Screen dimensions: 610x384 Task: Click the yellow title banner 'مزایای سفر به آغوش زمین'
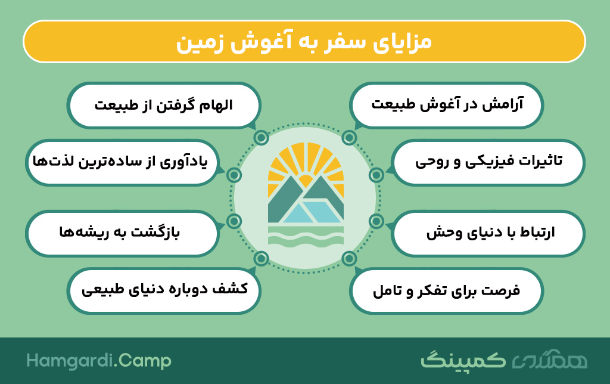click(304, 42)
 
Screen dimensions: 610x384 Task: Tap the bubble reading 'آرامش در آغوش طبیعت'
click(446, 105)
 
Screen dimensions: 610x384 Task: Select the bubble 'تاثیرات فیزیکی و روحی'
click(488, 162)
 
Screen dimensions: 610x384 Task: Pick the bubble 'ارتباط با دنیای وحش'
click(488, 234)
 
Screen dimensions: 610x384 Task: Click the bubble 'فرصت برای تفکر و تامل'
click(446, 291)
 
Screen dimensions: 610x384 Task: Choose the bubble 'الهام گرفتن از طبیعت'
click(164, 105)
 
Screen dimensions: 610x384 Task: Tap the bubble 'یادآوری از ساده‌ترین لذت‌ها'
click(122, 162)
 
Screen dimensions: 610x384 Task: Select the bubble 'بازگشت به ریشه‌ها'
click(122, 234)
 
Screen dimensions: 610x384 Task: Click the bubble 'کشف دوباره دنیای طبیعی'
click(164, 291)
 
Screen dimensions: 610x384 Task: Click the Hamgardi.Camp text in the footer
click(99, 361)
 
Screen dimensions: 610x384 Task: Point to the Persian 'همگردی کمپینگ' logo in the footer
click(504, 360)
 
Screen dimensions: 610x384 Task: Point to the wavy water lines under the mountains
click(306, 237)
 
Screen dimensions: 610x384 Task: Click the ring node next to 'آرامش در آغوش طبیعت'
click(349, 138)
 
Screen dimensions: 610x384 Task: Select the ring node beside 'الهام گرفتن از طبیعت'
click(262, 138)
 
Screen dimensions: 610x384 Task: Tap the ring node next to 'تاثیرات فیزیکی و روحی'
click(376, 175)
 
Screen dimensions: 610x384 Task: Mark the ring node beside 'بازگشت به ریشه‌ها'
click(234, 221)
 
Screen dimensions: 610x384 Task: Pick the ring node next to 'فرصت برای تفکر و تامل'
click(349, 258)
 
